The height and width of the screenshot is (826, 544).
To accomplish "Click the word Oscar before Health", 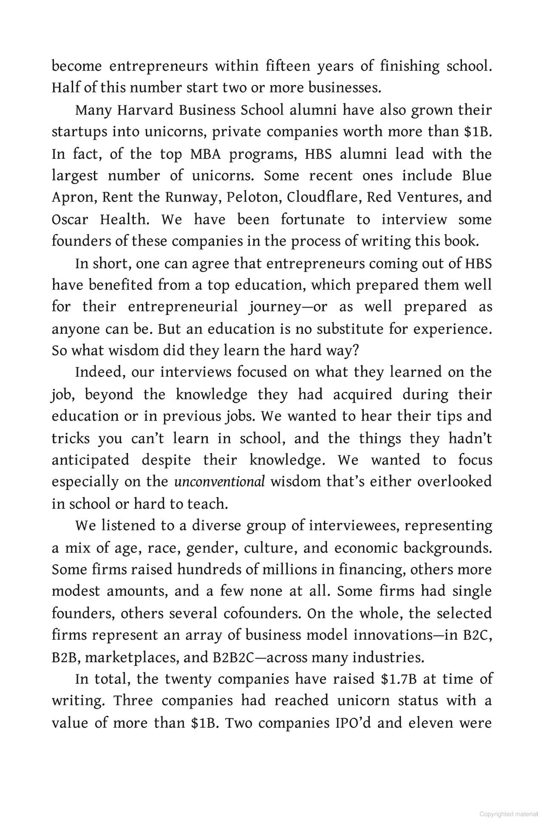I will (x=70, y=220).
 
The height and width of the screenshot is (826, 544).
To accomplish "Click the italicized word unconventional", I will (x=219, y=482).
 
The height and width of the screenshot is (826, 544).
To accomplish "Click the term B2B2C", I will (x=232, y=657).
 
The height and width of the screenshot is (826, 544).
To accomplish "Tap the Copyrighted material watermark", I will (x=508, y=814).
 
